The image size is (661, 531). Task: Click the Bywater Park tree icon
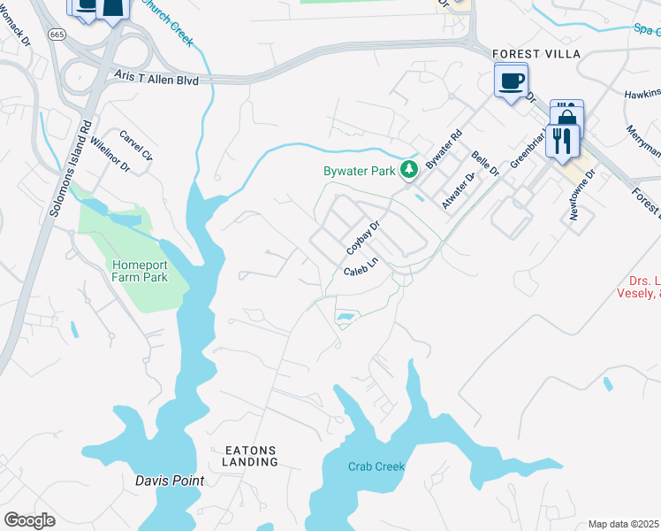408,168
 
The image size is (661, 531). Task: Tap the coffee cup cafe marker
512,81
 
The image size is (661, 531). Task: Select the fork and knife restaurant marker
561,140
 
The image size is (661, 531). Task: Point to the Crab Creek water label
376,466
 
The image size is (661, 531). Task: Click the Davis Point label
170,481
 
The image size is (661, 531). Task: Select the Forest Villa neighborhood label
536,54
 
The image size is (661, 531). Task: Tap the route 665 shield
57,35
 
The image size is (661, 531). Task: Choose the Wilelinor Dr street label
110,154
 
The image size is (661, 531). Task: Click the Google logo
29,520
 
